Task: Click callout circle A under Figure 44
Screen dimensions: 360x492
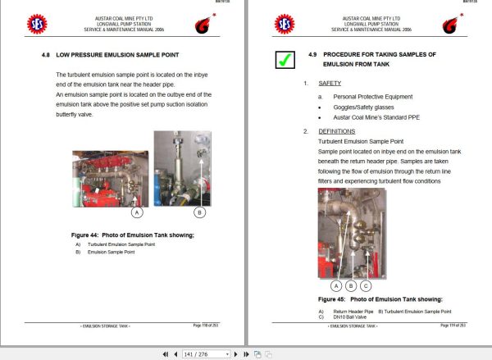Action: [x=137, y=212]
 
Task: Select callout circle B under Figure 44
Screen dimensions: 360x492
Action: [x=199, y=212]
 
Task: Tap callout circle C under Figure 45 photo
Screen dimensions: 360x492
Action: [x=366, y=286]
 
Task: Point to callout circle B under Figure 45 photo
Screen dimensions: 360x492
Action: [x=351, y=286]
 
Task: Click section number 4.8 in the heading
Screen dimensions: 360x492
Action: [x=45, y=55]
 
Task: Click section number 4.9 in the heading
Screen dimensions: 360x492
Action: [x=312, y=54]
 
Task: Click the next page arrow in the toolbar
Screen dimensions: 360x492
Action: [x=235, y=353]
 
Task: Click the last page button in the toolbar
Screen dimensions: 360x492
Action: [x=245, y=353]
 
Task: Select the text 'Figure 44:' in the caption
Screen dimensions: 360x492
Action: [x=85, y=235]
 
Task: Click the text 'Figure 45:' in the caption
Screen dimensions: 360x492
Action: [x=332, y=300]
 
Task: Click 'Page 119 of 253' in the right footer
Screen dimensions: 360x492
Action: [x=456, y=326]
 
